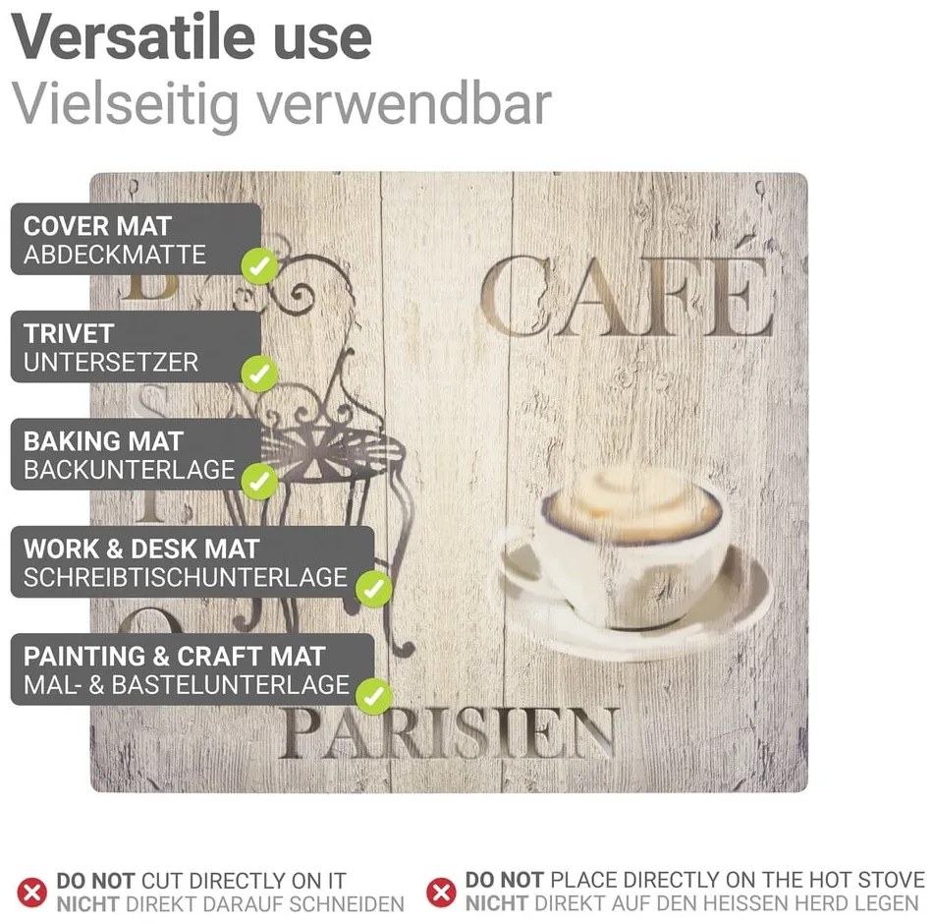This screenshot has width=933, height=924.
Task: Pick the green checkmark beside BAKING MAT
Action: point(259,481)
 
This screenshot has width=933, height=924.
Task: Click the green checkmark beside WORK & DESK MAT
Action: point(373,588)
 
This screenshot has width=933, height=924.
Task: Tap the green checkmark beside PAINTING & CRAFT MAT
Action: point(373,695)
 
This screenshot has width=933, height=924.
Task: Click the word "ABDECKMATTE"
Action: point(115,256)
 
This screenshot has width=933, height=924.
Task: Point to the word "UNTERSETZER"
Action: point(111,363)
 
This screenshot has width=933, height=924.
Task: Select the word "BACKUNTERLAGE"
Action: point(130,470)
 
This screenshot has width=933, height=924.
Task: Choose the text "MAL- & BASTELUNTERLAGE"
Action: point(187,684)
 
